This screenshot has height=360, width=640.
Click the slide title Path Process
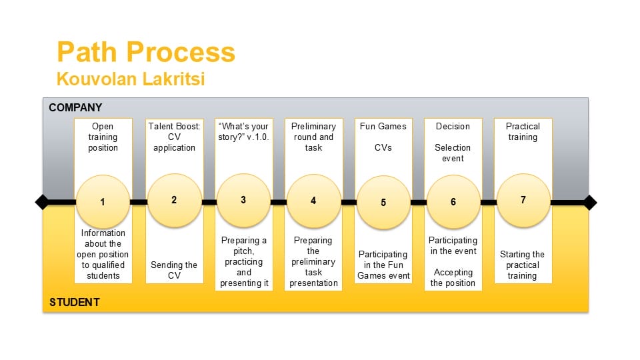click(146, 52)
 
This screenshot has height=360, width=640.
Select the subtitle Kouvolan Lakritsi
click(131, 79)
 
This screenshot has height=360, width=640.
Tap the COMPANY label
click(75, 107)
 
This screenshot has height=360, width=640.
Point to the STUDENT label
click(74, 302)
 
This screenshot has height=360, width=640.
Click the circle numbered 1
click(103, 201)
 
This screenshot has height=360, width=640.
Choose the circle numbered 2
click(174, 200)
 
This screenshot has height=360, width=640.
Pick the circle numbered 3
click(244, 200)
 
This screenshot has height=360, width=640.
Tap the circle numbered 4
click(313, 201)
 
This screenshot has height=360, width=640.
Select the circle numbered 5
click(383, 203)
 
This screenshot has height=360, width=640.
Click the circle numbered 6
click(453, 201)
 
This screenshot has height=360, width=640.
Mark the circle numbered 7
click(523, 200)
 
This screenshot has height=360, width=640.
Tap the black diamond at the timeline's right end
click(590, 203)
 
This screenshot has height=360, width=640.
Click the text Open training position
click(103, 137)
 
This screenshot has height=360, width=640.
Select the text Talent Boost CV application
click(174, 137)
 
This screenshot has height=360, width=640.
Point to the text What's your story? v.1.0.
click(244, 132)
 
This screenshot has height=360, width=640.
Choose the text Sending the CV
click(174, 270)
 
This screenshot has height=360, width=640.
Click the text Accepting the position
click(453, 277)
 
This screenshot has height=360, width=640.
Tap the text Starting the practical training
click(523, 265)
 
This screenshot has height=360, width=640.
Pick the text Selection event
click(453, 153)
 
